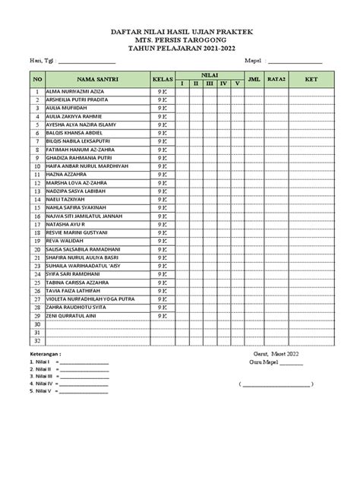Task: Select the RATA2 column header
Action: click(x=276, y=77)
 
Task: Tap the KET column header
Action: click(x=311, y=77)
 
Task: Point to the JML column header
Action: click(x=254, y=77)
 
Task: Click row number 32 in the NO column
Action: click(x=36, y=341)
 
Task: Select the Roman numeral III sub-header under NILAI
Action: click(x=210, y=83)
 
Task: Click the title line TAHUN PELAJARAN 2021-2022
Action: click(x=179, y=46)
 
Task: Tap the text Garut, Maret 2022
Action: click(x=276, y=355)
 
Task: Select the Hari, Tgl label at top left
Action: click(x=39, y=61)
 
